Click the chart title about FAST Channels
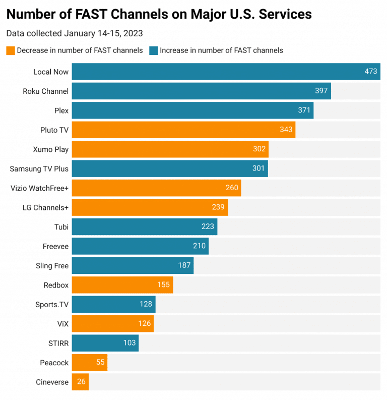click(x=159, y=14)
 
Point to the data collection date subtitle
click(x=75, y=34)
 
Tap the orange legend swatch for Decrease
click(x=11, y=50)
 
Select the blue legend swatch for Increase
click(x=153, y=50)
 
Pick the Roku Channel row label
click(x=45, y=91)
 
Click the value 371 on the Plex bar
click(x=304, y=110)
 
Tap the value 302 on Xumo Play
click(x=259, y=149)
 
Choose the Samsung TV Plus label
click(x=39, y=168)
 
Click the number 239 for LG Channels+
click(x=218, y=207)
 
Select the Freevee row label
click(x=55, y=246)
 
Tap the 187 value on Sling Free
click(x=184, y=265)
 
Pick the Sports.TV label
click(x=52, y=304)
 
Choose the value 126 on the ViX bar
click(x=145, y=324)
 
